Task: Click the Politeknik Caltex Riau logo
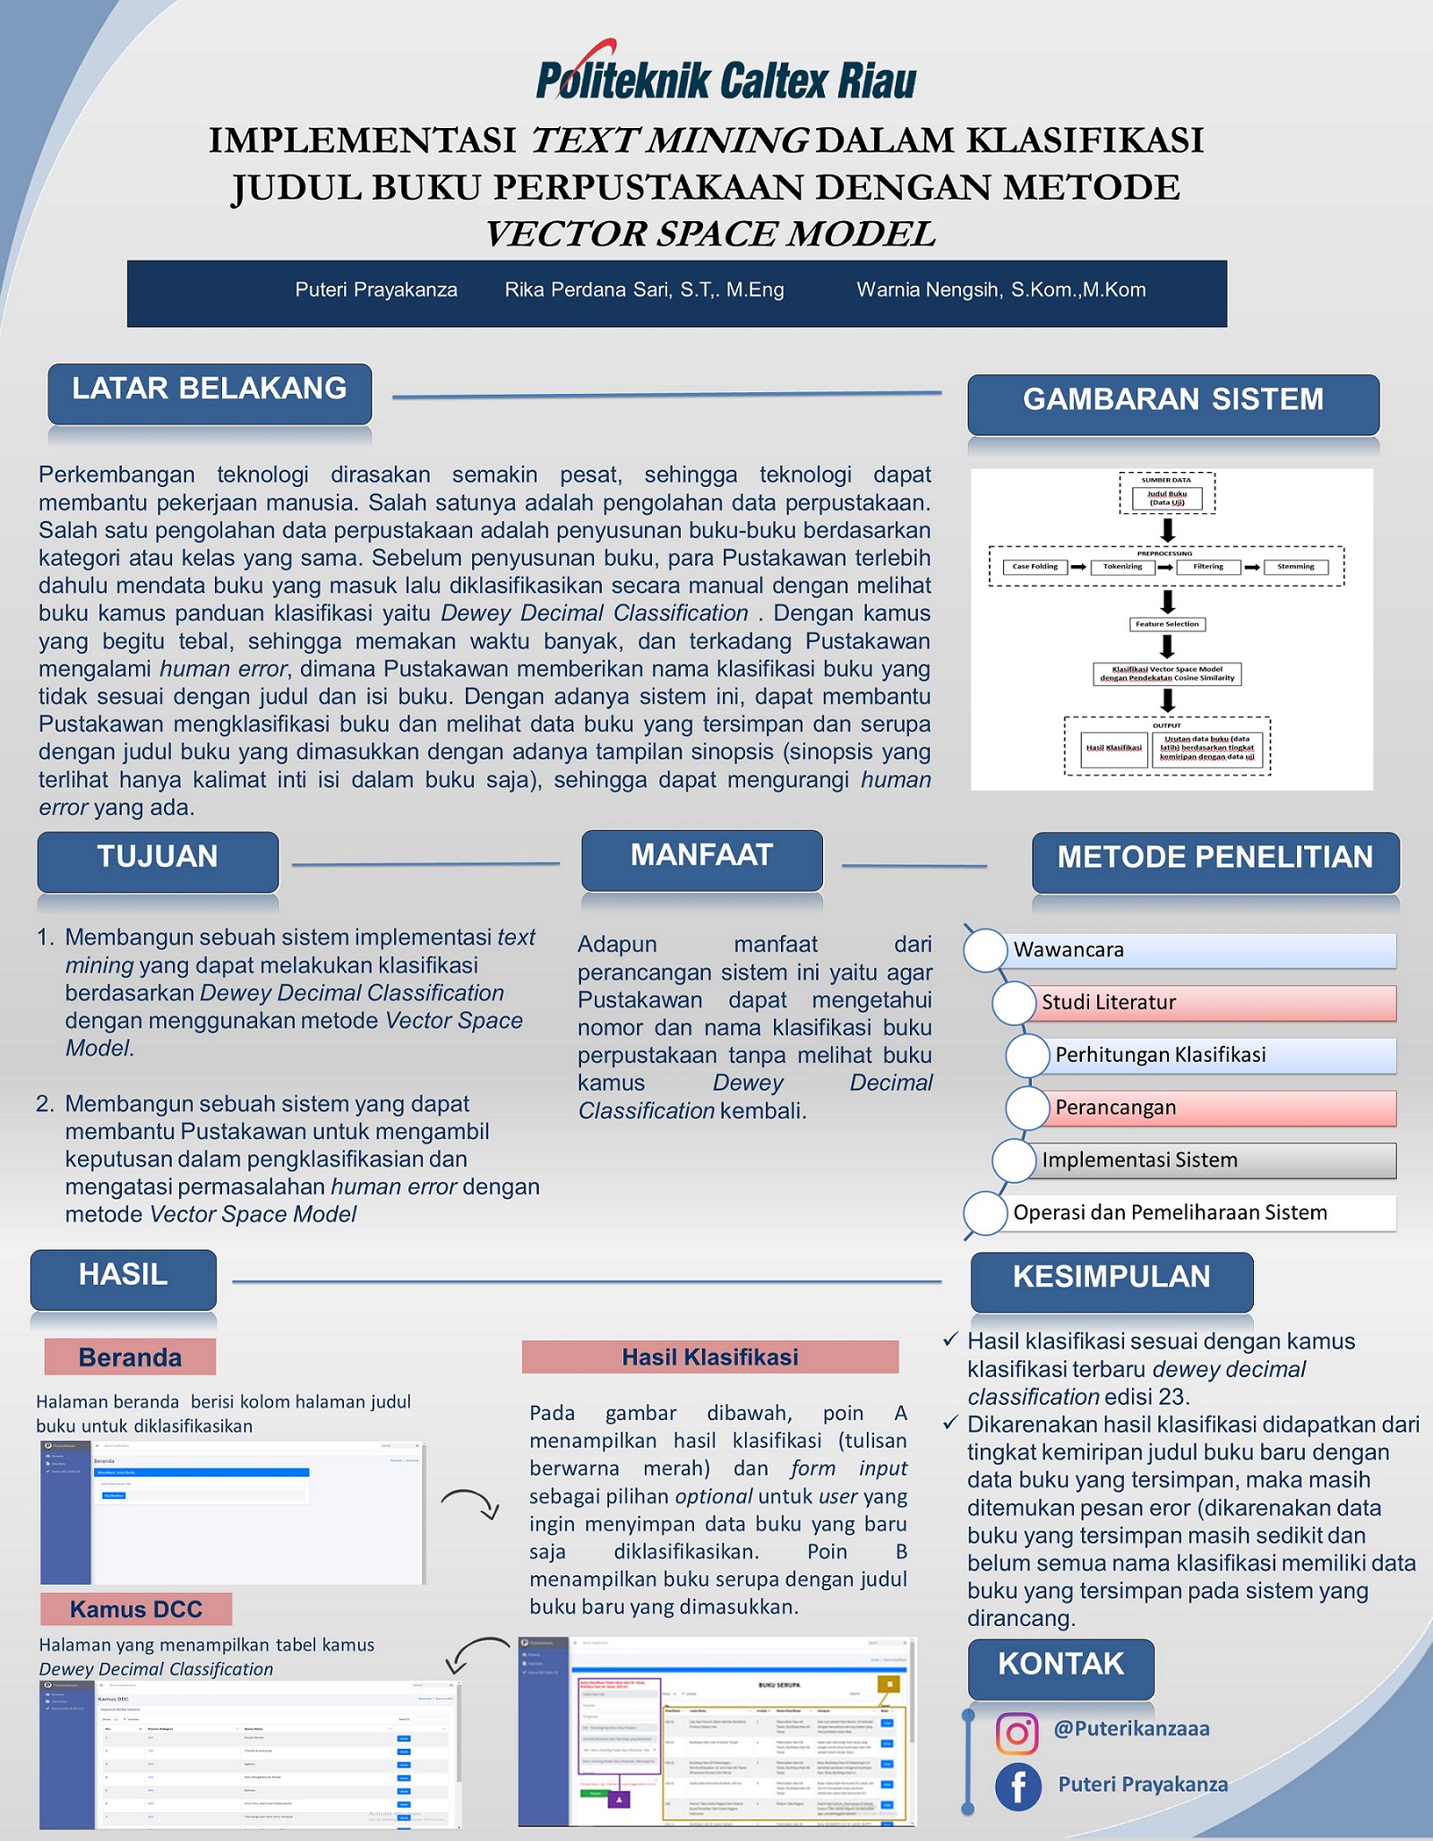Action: pos(725,73)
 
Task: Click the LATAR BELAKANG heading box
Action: pos(210,392)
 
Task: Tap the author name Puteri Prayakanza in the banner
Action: pos(376,290)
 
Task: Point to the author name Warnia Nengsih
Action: pos(1000,290)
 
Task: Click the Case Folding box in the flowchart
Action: pos(1034,567)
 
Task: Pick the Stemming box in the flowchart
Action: pos(1295,567)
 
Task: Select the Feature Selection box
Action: pos(1167,624)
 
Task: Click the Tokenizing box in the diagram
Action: pos(1122,567)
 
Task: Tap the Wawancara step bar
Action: pos(1200,950)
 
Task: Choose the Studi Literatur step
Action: pos(1214,1003)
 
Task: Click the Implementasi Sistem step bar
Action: pos(1214,1160)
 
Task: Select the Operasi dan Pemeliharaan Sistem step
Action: pos(1200,1213)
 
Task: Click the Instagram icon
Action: pos(1017,1734)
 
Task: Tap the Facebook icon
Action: pos(1018,1787)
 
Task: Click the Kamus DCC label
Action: pos(136,1609)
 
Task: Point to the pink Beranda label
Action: pos(130,1357)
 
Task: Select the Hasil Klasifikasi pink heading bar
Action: pos(710,1357)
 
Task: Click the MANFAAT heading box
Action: pos(702,859)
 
